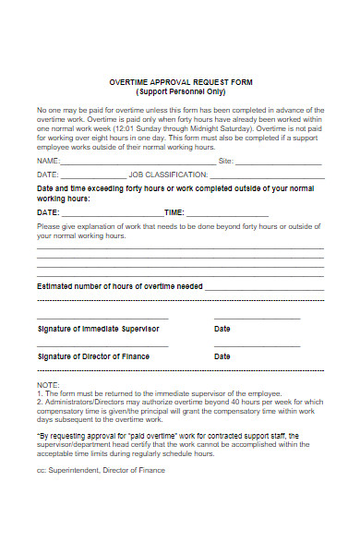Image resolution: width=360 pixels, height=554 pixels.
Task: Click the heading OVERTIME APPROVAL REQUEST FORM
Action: pyautogui.click(x=180, y=81)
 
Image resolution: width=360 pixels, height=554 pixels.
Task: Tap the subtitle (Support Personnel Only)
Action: pyautogui.click(x=180, y=91)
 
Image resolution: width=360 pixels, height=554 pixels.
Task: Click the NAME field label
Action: pyautogui.click(x=47, y=160)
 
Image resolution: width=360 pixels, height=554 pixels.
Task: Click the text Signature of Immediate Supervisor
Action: pyautogui.click(x=98, y=329)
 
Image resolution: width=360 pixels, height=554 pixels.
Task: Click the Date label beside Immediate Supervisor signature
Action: pyautogui.click(x=222, y=329)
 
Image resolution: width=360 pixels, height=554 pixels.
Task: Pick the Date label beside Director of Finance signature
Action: pyautogui.click(x=222, y=356)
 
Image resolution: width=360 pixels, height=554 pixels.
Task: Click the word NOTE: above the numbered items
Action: pyautogui.click(x=48, y=383)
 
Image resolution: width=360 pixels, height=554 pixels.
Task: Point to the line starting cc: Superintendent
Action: pyautogui.click(x=101, y=470)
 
